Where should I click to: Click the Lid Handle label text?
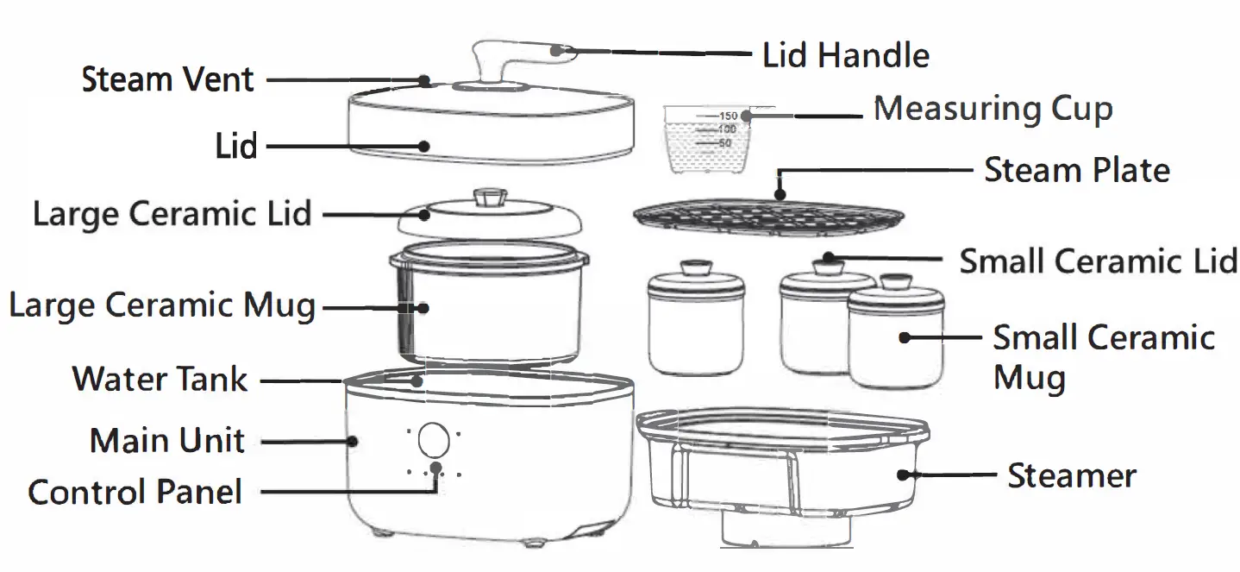846,55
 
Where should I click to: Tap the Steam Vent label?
167,79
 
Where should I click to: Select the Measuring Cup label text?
993,110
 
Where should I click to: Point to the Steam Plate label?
1077,170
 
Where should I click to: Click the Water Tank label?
160,379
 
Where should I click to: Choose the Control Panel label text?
135,492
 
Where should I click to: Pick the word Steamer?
1072,475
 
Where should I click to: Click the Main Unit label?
167,441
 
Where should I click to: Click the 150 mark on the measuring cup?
727,116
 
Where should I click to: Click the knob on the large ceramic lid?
489,198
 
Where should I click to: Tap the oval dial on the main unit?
432,440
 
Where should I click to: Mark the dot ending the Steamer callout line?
903,474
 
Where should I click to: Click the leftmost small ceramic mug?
695,323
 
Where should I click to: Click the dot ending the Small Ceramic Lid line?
827,257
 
